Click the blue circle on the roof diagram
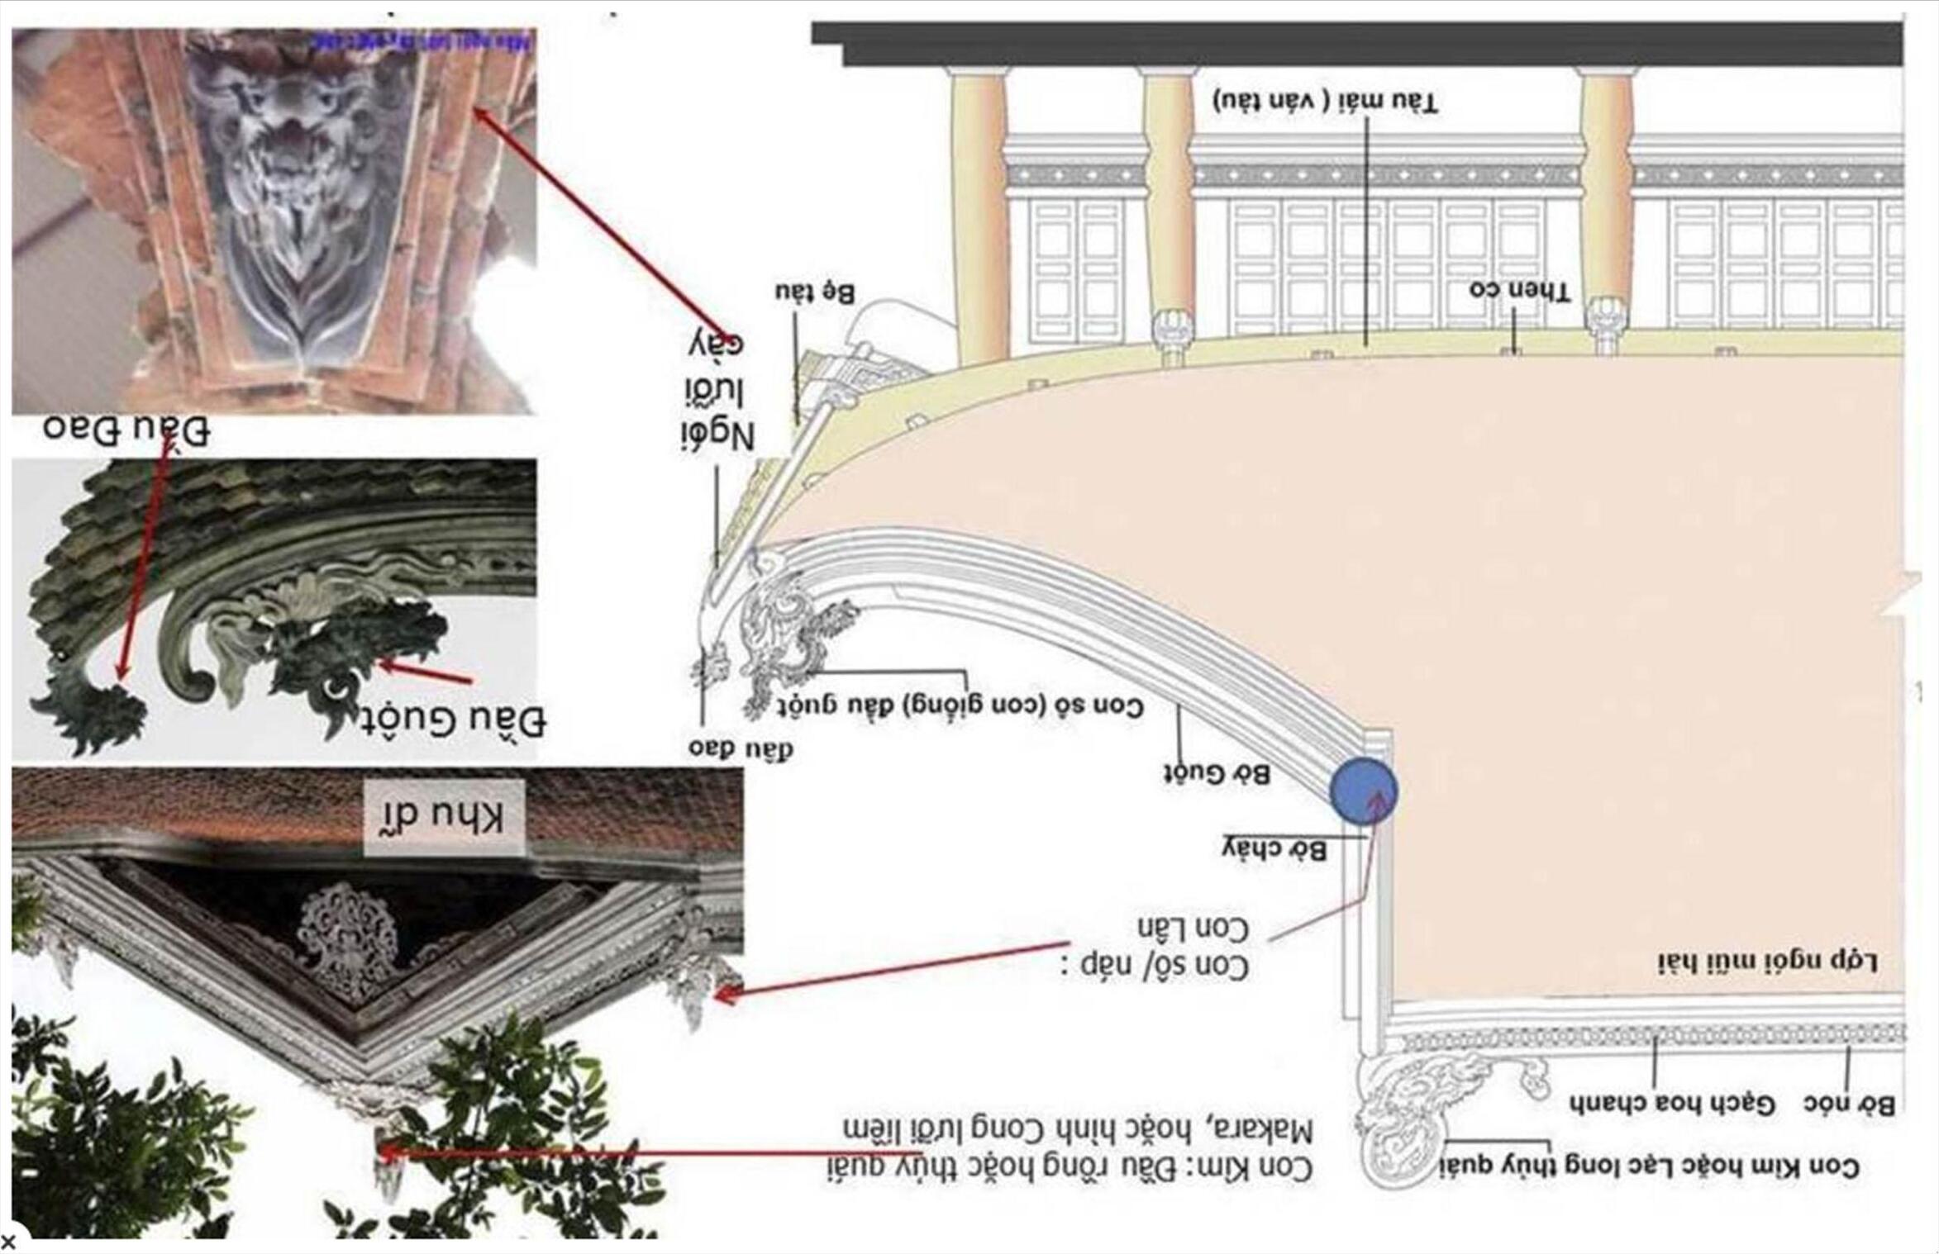coord(1364,791)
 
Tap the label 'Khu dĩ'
coord(444,817)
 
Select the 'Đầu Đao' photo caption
coord(126,430)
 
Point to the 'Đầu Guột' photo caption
coord(453,720)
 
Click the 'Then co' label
coord(1519,291)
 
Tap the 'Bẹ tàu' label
coord(815,293)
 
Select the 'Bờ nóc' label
coord(1849,1104)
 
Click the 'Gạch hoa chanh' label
coord(1672,1104)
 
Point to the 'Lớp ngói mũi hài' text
coord(1767,962)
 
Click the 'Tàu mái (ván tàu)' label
coord(1326,102)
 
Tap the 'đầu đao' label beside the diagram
coord(741,748)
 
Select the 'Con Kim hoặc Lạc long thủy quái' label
coord(1649,1166)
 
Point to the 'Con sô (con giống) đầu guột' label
coord(960,707)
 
